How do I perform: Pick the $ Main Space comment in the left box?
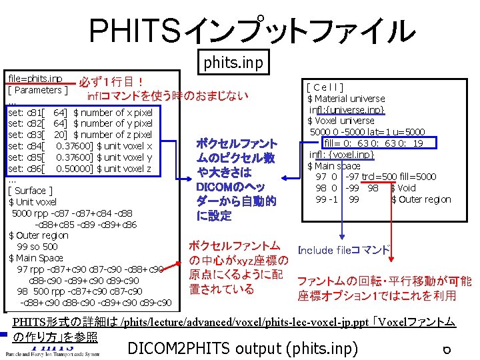click(x=36, y=258)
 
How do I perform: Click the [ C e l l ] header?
click(x=325, y=87)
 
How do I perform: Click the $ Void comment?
click(x=403, y=188)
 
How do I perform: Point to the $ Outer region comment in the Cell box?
click(x=421, y=199)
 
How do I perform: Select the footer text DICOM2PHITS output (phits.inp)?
click(x=243, y=348)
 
